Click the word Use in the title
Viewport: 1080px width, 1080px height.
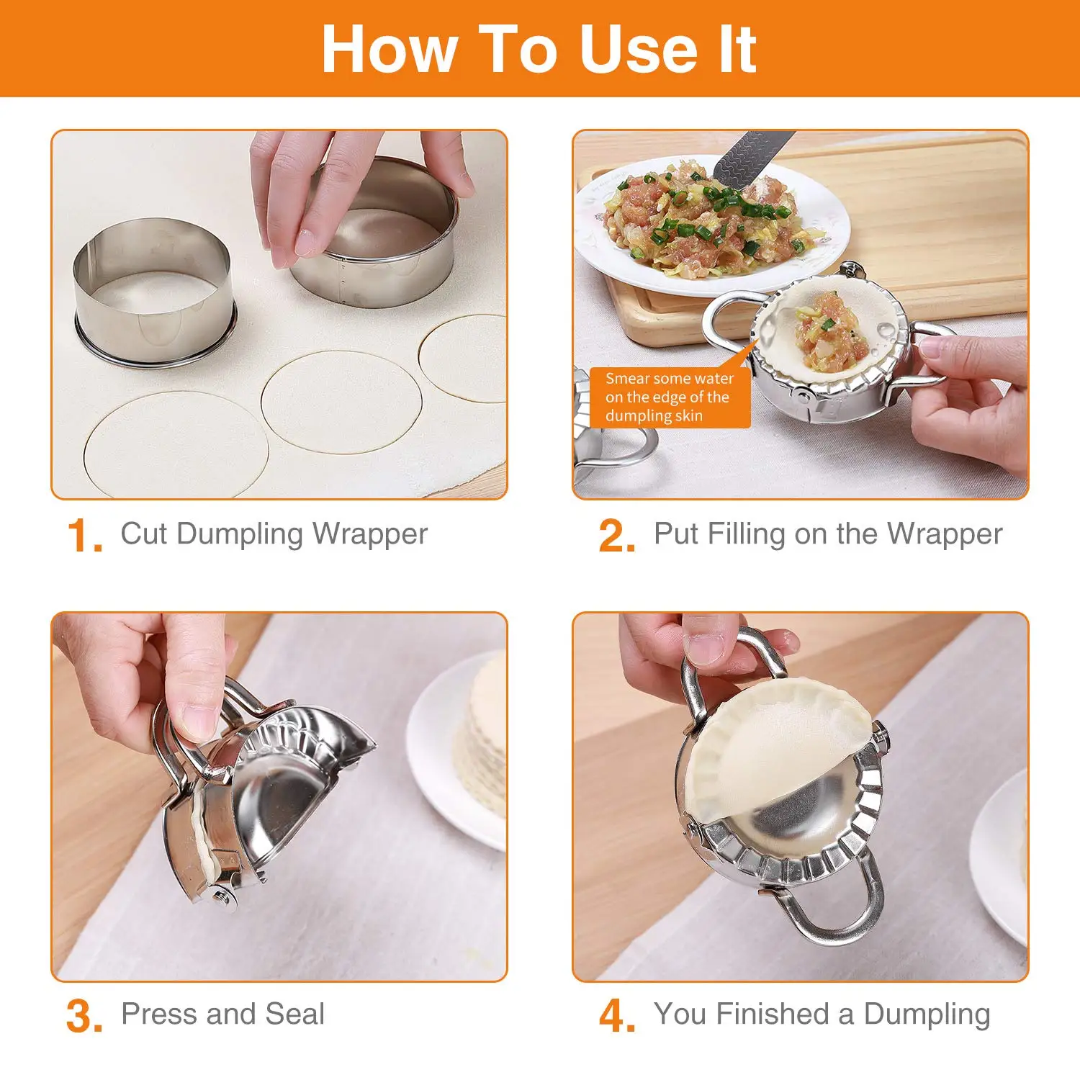(637, 49)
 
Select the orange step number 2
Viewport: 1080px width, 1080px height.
(617, 536)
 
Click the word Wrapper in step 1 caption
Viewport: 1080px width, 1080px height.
(370, 534)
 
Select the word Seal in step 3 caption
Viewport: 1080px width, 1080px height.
(294, 1014)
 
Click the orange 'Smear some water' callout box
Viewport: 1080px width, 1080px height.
(669, 397)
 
